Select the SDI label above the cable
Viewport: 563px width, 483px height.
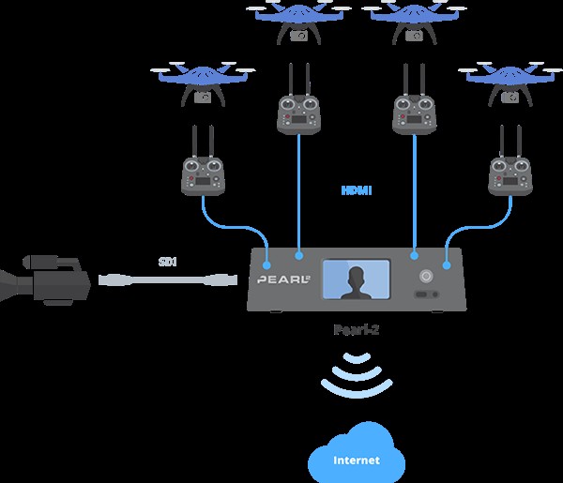(168, 264)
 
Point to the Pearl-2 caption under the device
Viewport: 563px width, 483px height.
(356, 329)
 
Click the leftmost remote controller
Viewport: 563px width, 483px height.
(203, 174)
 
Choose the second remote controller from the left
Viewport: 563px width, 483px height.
(299, 113)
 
